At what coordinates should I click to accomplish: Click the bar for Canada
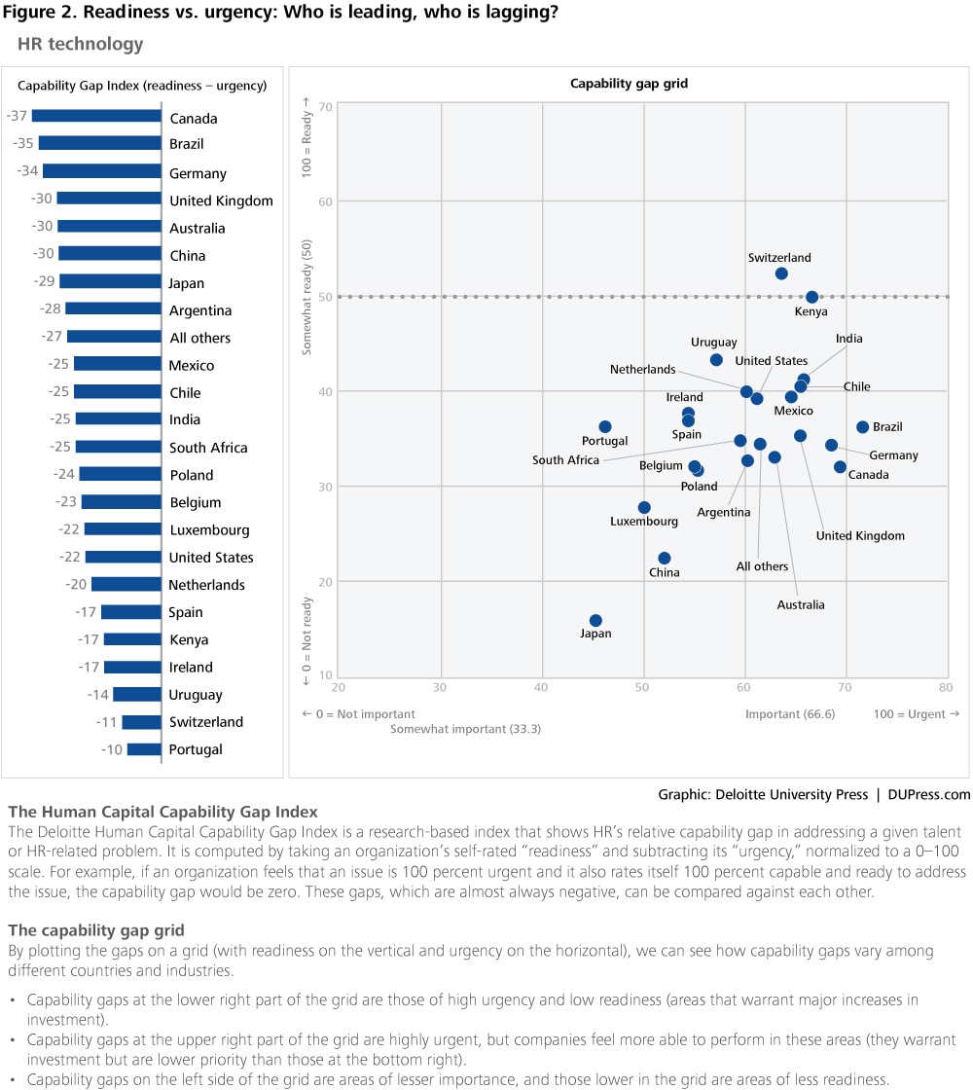coord(96,116)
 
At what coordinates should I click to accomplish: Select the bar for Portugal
coord(144,749)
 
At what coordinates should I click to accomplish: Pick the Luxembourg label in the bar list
coord(209,530)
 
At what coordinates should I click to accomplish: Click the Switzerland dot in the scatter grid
coord(781,273)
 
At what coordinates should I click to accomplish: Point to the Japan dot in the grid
coord(595,621)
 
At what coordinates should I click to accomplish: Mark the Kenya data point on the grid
coord(812,297)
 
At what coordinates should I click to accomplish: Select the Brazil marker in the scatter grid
coord(862,427)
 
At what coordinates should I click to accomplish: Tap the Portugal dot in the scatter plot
coord(605,426)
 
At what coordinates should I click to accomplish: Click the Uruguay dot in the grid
coord(716,360)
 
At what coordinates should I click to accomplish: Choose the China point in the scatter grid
coord(665,559)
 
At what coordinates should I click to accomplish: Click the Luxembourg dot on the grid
coord(644,508)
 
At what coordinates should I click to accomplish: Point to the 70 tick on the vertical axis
coord(327,106)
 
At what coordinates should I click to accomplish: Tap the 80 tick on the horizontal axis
coord(945,687)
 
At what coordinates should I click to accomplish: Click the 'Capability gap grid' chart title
coord(629,84)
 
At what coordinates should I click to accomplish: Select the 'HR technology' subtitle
coord(80,44)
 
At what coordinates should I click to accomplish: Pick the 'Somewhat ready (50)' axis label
coord(307,300)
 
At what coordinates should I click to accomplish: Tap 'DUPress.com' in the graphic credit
coord(928,794)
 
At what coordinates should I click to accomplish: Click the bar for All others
coord(114,337)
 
